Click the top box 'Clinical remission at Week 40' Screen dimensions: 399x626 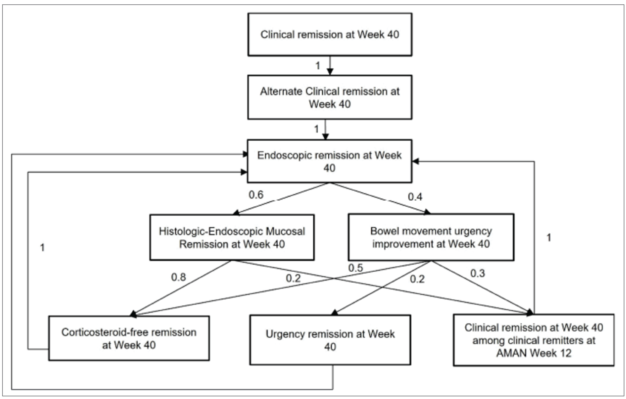[x=330, y=35]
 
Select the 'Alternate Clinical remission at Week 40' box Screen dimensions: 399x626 [x=330, y=98]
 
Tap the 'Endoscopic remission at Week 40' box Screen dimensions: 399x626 [x=329, y=161]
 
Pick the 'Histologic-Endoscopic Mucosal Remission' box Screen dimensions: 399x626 [x=232, y=238]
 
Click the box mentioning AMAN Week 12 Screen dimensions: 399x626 [x=534, y=340]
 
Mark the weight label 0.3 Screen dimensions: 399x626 [x=478, y=273]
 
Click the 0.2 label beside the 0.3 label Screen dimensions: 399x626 [x=417, y=279]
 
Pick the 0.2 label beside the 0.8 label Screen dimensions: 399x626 [x=293, y=278]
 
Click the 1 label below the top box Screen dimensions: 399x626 [x=318, y=66]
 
